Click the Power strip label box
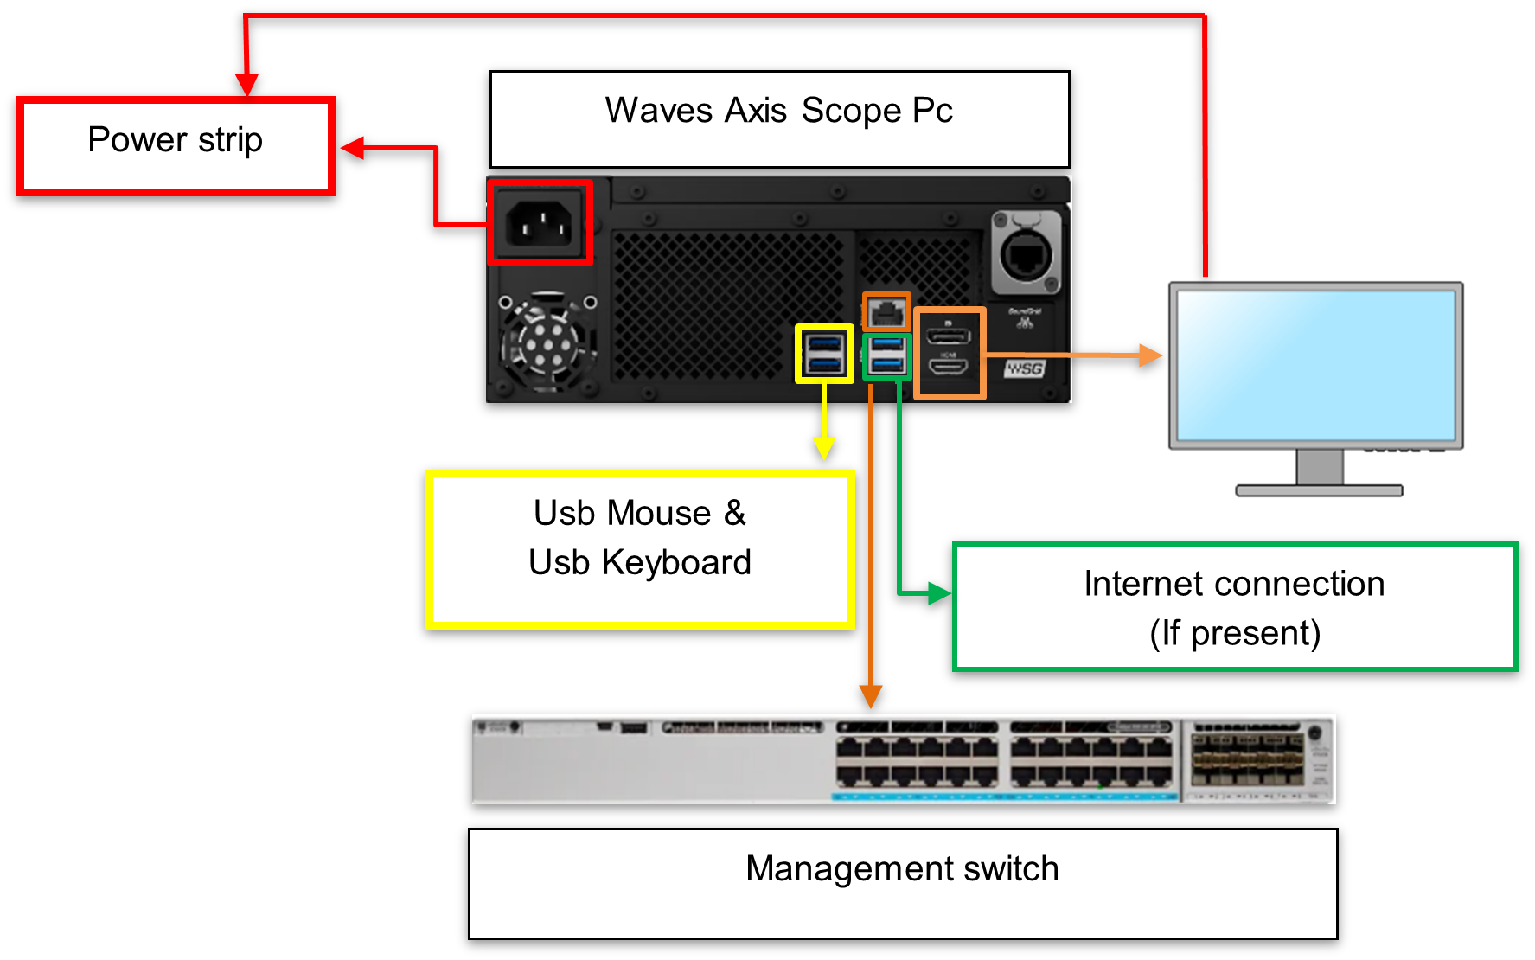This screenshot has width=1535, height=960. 176,146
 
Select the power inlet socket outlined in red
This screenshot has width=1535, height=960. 540,223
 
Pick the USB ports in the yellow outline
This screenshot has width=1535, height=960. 824,354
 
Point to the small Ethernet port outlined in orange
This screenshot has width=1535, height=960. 886,311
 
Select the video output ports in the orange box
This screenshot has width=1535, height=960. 950,353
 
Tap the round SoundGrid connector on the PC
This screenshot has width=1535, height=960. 1027,253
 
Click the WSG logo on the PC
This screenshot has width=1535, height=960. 1025,368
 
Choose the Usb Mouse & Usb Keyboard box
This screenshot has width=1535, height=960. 640,549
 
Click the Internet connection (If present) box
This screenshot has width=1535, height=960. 1234,607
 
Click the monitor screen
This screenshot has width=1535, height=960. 1315,364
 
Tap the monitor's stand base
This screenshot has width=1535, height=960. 1319,490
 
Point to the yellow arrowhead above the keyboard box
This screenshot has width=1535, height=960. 824,447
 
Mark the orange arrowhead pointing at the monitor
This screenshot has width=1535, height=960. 1150,355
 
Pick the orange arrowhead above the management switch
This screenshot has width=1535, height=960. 871,696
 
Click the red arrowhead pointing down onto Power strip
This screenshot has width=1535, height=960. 247,85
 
